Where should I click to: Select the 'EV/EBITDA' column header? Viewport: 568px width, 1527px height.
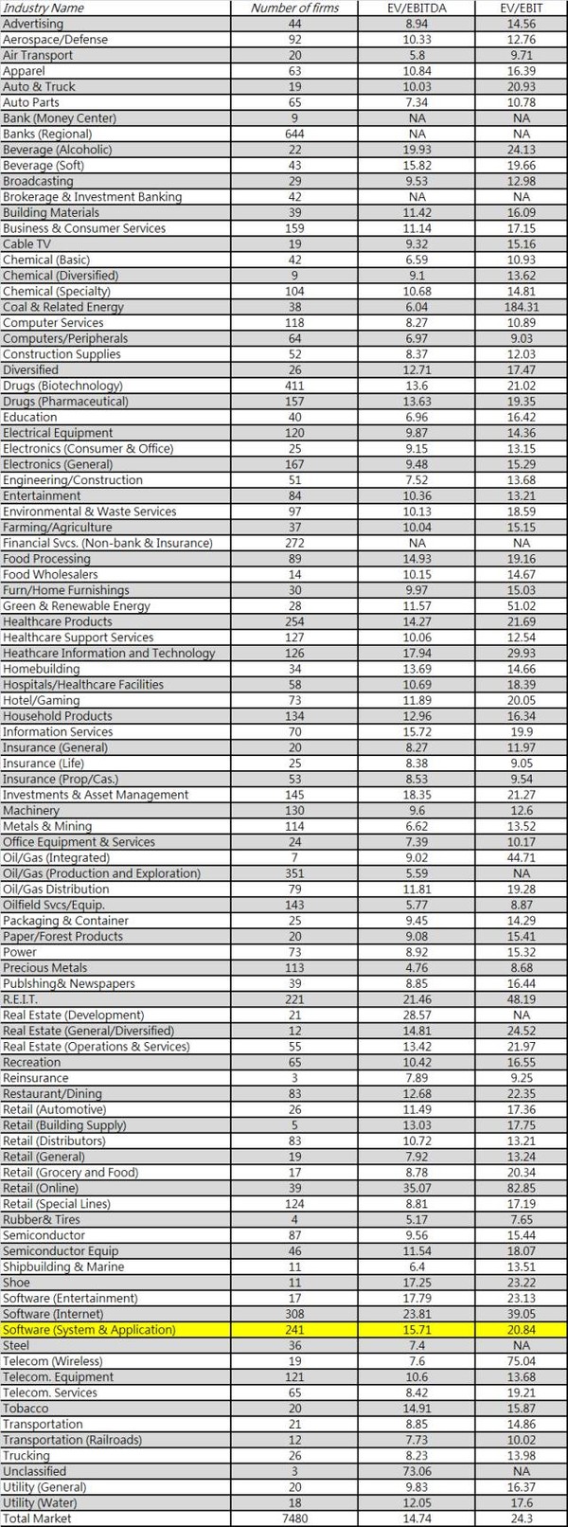(x=416, y=8)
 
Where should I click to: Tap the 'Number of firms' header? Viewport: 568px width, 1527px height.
(x=294, y=8)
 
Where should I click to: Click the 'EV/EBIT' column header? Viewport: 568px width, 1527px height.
(x=521, y=8)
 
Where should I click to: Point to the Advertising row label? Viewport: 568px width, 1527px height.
(x=33, y=24)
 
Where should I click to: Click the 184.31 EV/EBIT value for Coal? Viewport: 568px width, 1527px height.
(x=521, y=307)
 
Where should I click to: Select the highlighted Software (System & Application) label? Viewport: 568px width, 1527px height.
(x=89, y=1330)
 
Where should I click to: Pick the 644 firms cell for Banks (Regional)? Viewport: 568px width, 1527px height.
(x=294, y=134)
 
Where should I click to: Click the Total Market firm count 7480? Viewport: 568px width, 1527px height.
(x=294, y=1518)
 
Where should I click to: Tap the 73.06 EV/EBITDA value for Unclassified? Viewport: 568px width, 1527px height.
(x=416, y=1471)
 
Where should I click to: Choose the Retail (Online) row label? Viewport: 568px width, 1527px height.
(x=44, y=1188)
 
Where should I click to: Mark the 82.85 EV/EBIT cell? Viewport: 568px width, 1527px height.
(x=521, y=1188)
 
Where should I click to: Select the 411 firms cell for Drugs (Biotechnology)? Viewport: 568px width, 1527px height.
(x=294, y=386)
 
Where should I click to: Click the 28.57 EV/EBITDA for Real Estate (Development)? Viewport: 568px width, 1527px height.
(x=416, y=1015)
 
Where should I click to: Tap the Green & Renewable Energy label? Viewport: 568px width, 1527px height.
(x=77, y=606)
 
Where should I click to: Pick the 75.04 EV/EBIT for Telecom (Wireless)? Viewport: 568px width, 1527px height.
(x=521, y=1361)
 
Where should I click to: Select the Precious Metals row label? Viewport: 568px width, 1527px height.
(x=44, y=968)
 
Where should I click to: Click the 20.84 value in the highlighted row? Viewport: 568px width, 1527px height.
(x=521, y=1330)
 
